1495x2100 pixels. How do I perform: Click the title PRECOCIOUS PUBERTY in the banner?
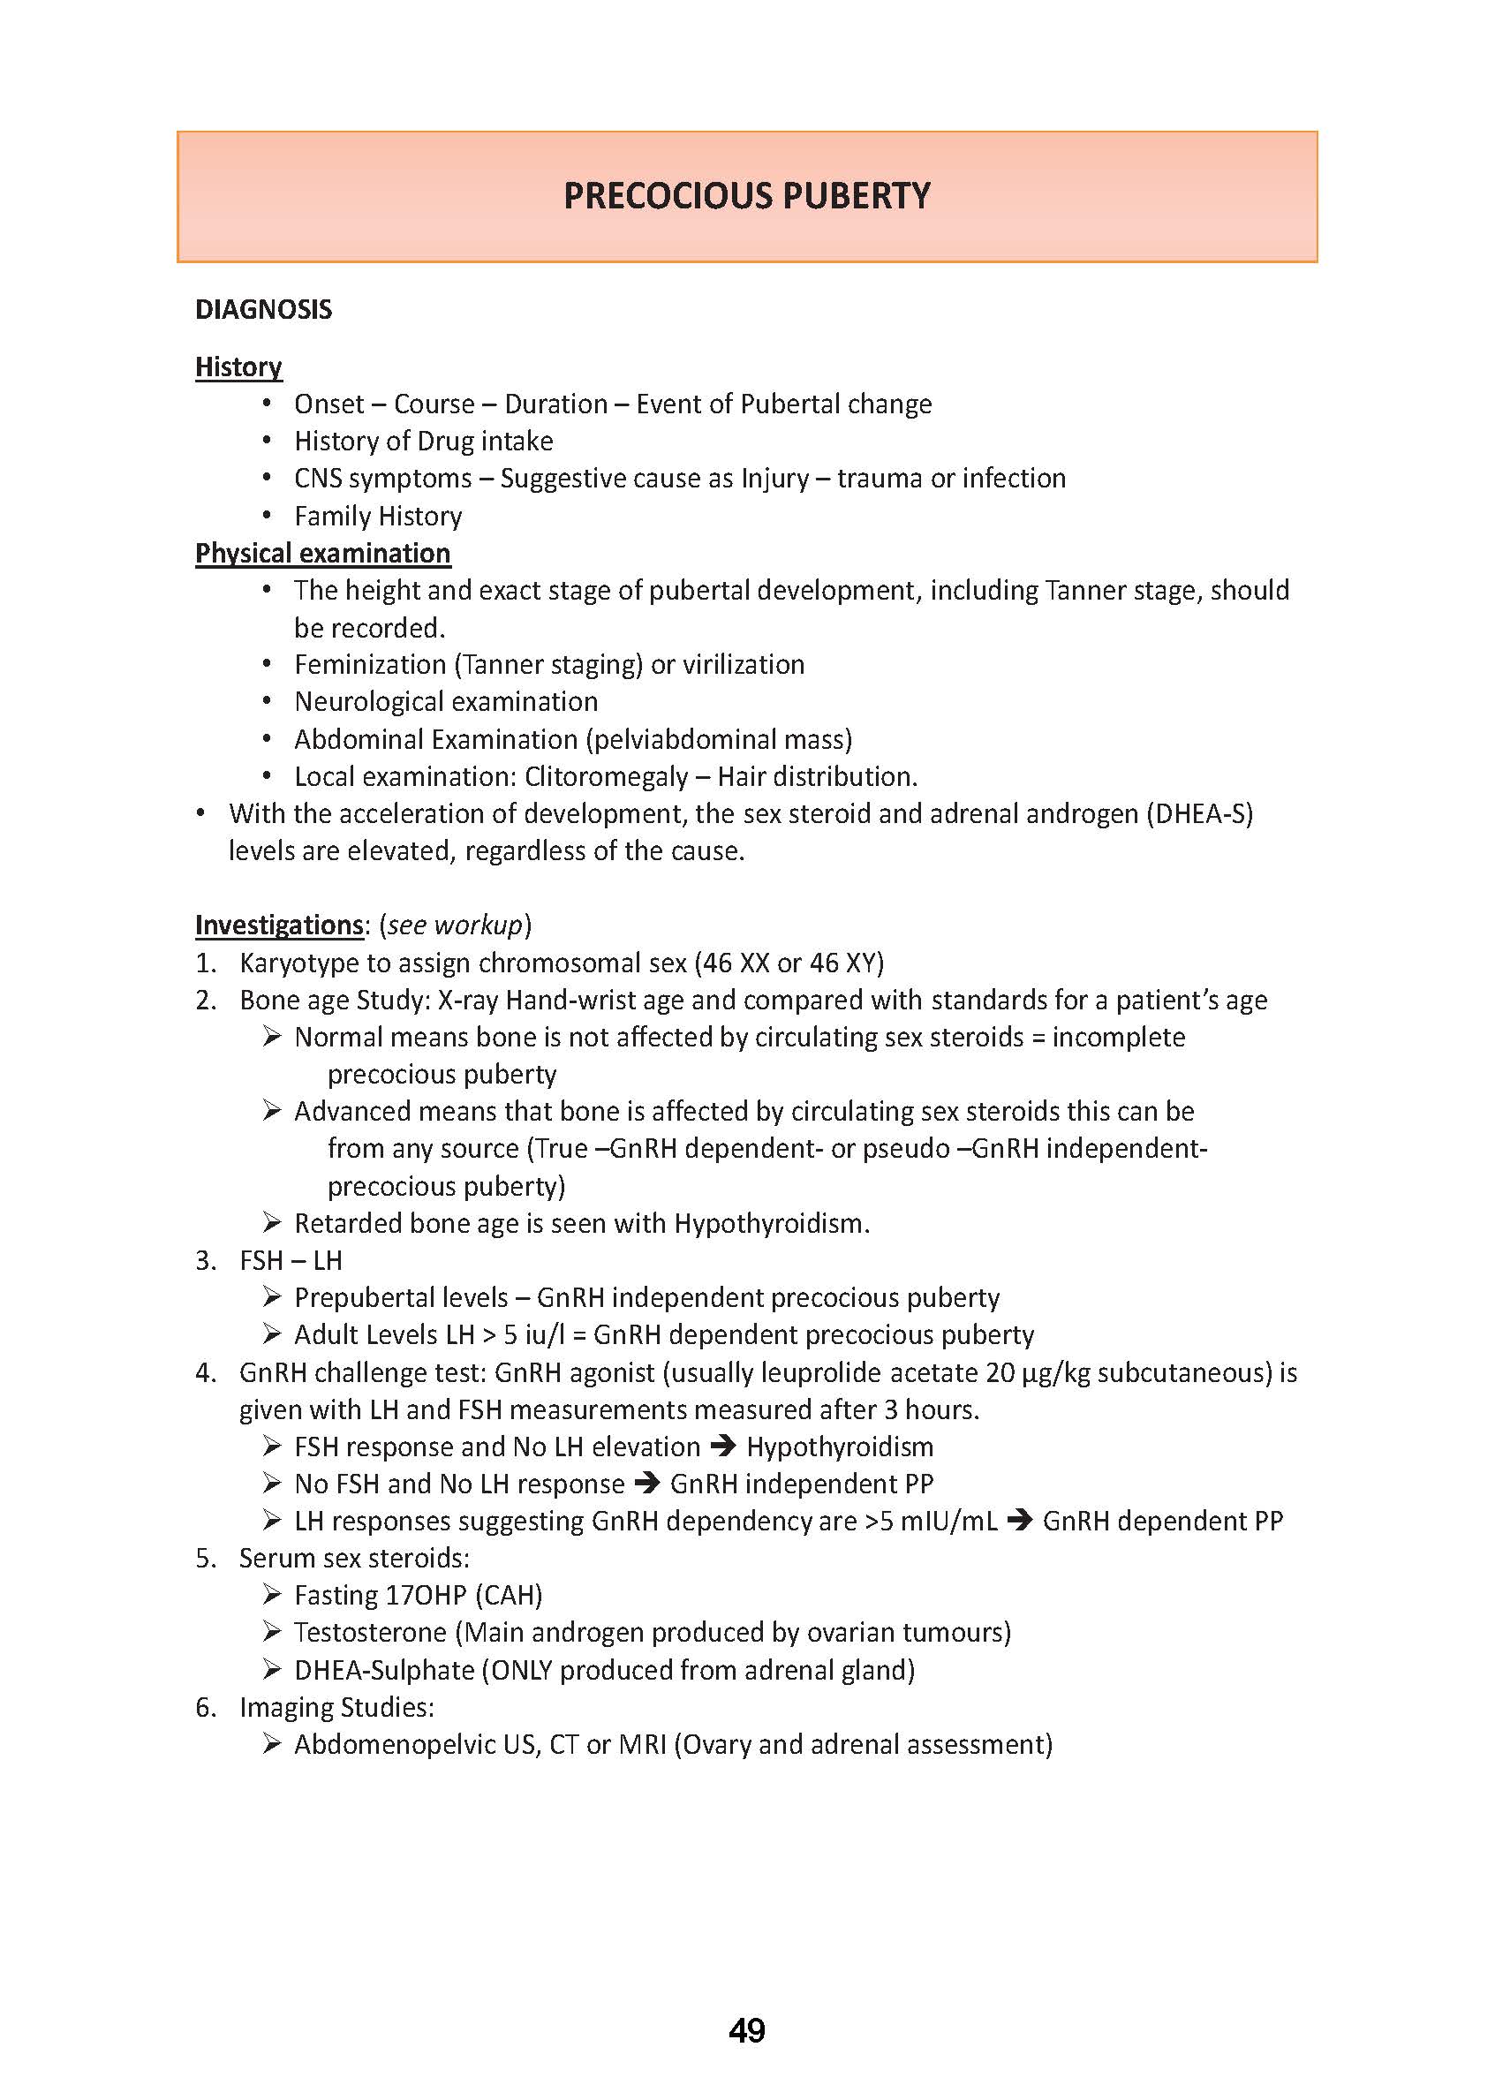click(x=746, y=196)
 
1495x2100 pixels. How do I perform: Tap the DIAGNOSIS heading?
click(x=263, y=309)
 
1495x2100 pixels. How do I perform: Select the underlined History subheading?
click(x=238, y=366)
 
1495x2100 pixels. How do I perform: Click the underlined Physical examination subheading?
click(x=322, y=553)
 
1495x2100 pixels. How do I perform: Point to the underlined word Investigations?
click(x=279, y=925)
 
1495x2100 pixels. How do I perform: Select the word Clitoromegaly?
click(x=606, y=776)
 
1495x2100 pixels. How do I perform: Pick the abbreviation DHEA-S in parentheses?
click(x=1199, y=813)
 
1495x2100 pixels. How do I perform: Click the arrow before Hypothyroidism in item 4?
click(x=723, y=1447)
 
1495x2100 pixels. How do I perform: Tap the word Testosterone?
click(x=370, y=1632)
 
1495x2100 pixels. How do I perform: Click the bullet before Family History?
click(x=267, y=516)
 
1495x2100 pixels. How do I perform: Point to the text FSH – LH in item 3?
click(x=290, y=1260)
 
